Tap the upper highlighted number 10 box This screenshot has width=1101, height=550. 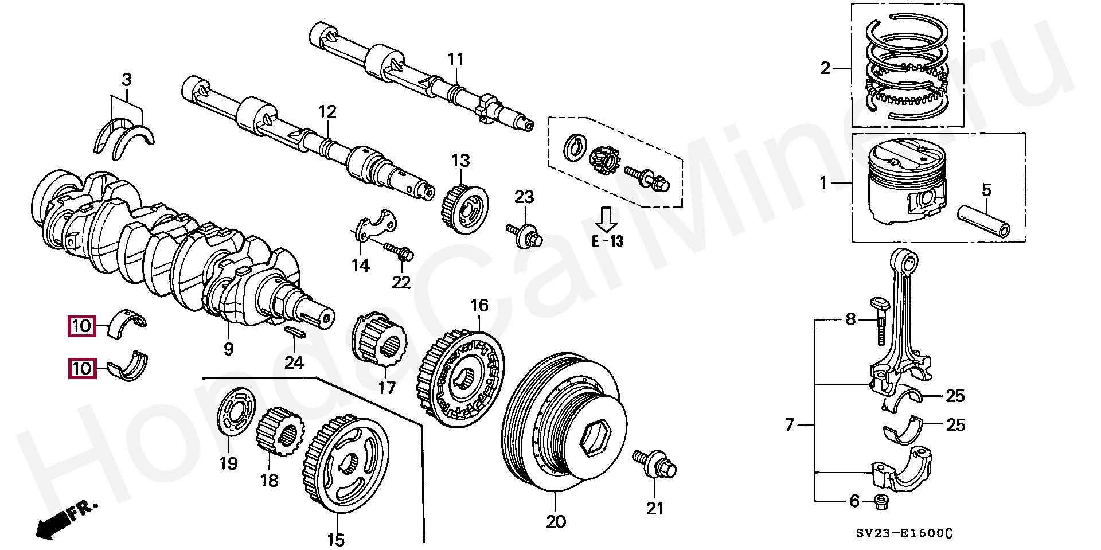(x=82, y=326)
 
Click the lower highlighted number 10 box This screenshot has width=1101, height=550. (x=82, y=368)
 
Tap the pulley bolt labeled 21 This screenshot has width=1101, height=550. (x=655, y=464)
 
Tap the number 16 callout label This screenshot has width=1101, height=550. (x=479, y=305)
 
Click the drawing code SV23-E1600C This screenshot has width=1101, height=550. (x=904, y=533)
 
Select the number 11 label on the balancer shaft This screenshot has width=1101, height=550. (x=455, y=59)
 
